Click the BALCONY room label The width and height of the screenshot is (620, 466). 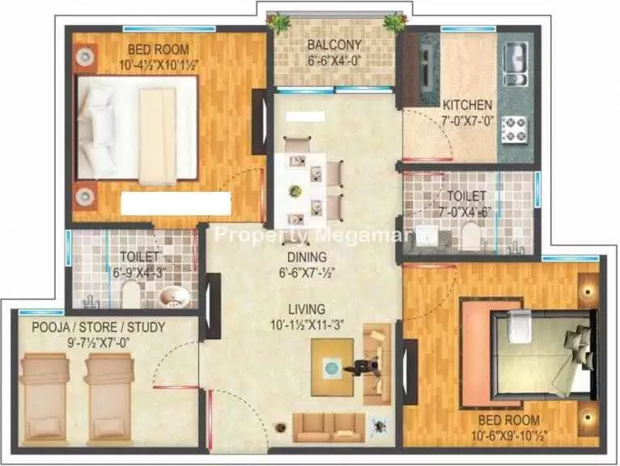click(x=334, y=44)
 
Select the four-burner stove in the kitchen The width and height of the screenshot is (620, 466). click(x=515, y=129)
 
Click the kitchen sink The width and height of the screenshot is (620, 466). click(x=516, y=64)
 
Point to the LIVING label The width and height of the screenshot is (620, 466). click(x=307, y=309)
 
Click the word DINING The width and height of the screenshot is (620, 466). click(x=307, y=257)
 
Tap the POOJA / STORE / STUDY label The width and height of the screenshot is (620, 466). click(x=99, y=328)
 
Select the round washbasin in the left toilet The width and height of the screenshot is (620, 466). click(x=174, y=297)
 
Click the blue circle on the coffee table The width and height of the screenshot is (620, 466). click(x=332, y=368)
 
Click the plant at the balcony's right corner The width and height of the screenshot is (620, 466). click(x=394, y=22)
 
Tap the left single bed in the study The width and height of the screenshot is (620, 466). click(x=45, y=397)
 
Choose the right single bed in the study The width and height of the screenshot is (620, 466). click(x=109, y=397)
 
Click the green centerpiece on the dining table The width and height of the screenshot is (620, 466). click(x=295, y=192)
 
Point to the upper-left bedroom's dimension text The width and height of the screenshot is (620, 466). click(x=158, y=66)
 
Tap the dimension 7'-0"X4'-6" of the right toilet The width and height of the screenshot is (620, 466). click(x=465, y=211)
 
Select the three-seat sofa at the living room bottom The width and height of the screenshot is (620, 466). click(x=329, y=428)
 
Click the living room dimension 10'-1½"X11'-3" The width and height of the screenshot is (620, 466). click(x=307, y=325)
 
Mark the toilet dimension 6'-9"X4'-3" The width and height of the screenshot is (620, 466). click(x=139, y=273)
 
